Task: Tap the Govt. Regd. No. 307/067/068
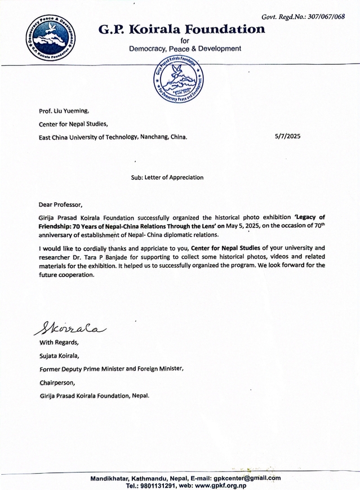pos(309,16)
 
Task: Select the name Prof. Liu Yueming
pos(65,112)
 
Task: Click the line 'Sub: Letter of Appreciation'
pos(167,177)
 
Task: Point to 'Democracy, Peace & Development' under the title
pos(185,49)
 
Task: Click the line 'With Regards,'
pos(59,342)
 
